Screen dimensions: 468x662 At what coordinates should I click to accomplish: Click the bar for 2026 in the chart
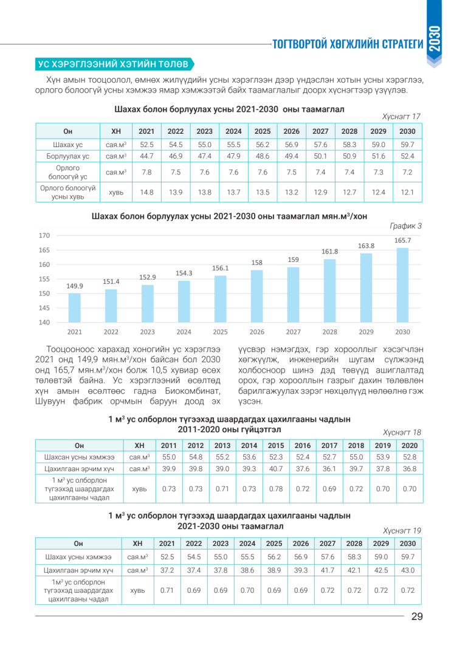pyautogui.click(x=256, y=296)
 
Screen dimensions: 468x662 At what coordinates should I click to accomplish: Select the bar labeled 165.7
pyautogui.click(x=402, y=285)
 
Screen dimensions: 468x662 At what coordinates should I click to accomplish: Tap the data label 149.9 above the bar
pyautogui.click(x=75, y=286)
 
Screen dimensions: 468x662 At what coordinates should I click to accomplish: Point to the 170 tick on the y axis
pyautogui.click(x=44, y=236)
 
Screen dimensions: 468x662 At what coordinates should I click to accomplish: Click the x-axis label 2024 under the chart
pyautogui.click(x=184, y=332)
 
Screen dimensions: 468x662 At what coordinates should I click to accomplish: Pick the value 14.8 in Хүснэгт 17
pyautogui.click(x=146, y=192)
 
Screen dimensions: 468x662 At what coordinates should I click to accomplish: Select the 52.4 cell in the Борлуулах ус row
pyautogui.click(x=407, y=156)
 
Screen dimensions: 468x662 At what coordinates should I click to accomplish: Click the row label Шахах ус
pyautogui.click(x=67, y=145)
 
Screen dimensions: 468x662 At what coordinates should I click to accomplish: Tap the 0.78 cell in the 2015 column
pyautogui.click(x=276, y=489)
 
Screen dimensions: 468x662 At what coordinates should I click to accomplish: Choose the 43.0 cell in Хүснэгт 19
pyautogui.click(x=408, y=570)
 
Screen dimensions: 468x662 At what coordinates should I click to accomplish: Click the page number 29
pyautogui.click(x=417, y=616)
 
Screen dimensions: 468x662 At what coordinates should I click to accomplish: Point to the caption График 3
pyautogui.click(x=405, y=226)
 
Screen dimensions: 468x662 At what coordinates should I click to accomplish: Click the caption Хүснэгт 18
pyautogui.click(x=402, y=432)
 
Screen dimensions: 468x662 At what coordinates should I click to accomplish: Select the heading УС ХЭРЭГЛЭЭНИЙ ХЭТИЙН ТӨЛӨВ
pyautogui.click(x=113, y=64)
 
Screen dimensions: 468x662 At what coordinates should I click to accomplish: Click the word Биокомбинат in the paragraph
pyautogui.click(x=192, y=391)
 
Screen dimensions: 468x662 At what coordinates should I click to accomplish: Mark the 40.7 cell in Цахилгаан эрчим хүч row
pyautogui.click(x=276, y=469)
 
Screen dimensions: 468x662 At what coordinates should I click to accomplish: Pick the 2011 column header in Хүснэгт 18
pyautogui.click(x=169, y=446)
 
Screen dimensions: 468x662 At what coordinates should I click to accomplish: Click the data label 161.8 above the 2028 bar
pyautogui.click(x=329, y=251)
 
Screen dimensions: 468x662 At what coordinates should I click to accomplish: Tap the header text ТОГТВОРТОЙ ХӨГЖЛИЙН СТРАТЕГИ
pyautogui.click(x=348, y=44)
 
